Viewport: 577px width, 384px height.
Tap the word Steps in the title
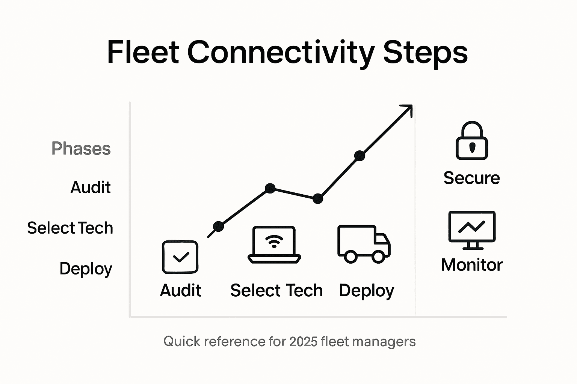pos(425,52)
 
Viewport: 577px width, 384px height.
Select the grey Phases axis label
pos(81,148)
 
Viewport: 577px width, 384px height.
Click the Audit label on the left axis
pos(91,187)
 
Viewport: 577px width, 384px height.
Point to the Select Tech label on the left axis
pos(70,228)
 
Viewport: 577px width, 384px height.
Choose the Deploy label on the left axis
pos(86,269)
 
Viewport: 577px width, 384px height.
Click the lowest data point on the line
pos(218,226)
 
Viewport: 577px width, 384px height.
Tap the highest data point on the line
pos(359,156)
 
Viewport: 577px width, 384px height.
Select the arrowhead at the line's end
pos(408,109)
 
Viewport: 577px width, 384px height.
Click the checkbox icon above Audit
pos(180,257)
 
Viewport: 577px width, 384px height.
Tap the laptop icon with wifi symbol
pos(274,244)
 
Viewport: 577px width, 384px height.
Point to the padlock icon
pos(472,141)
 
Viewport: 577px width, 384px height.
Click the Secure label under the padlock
pos(471,178)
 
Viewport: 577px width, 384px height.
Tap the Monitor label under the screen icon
pos(472,265)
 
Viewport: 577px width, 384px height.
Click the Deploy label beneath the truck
pos(366,291)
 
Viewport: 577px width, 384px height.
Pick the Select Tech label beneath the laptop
pos(276,291)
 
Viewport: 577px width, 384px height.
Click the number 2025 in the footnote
pos(303,342)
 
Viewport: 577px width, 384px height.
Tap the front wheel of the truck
pos(378,257)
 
